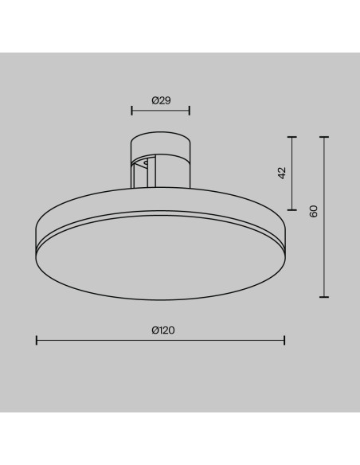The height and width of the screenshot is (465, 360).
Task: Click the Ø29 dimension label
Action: coord(162,100)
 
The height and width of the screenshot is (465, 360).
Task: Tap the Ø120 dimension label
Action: coord(163,330)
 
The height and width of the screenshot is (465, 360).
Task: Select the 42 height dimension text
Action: coord(282,173)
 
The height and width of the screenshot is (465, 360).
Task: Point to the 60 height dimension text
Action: coord(314,211)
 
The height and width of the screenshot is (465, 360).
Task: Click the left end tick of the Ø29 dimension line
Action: coord(132,111)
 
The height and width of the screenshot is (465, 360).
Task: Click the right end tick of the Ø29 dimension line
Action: coord(190,111)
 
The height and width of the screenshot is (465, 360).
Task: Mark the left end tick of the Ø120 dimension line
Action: coord(37,340)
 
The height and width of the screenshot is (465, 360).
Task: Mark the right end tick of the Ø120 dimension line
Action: coord(284,340)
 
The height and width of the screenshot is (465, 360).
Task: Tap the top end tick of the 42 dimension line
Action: coord(292,137)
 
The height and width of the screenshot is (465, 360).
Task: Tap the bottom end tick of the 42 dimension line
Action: coord(292,210)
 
